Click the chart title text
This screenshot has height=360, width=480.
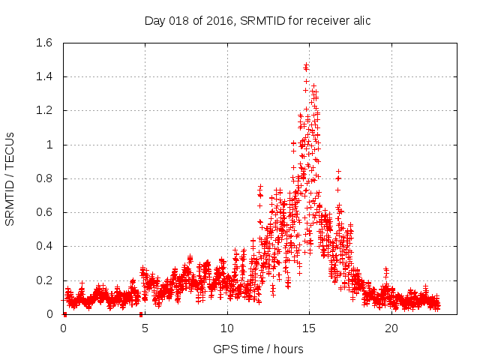tap(257, 20)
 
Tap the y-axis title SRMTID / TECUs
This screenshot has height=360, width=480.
tap(10, 178)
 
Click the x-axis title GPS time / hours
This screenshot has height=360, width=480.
tap(258, 349)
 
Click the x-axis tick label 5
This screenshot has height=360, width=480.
tap(145, 328)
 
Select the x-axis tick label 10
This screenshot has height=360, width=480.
tap(227, 328)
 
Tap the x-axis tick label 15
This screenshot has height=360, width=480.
tap(309, 328)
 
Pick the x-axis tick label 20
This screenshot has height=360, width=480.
tap(391, 328)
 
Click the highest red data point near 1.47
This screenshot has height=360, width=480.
tap(306, 65)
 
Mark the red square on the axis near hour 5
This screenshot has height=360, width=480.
tap(141, 314)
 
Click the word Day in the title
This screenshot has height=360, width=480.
tap(154, 20)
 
